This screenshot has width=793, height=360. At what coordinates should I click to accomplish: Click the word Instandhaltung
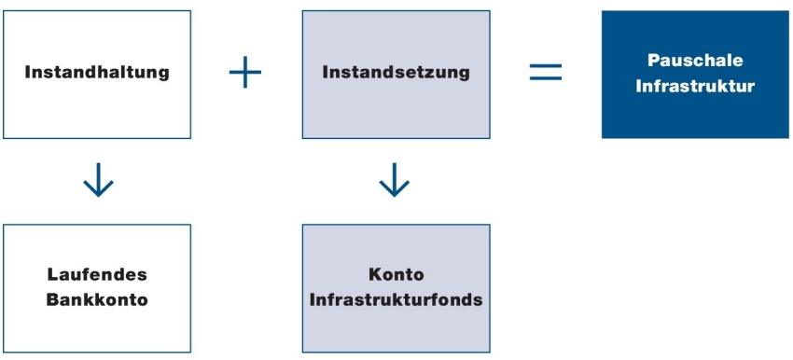pos(97,72)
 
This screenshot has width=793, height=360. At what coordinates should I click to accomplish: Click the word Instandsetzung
pos(396,72)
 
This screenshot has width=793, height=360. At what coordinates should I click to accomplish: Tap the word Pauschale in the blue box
pos(695,60)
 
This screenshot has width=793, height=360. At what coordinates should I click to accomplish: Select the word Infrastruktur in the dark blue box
pos(695,86)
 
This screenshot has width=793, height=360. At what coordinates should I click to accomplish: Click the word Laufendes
pos(97,275)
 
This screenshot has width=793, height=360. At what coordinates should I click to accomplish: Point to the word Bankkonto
pos(97,300)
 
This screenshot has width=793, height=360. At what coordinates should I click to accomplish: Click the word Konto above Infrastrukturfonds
pos(396,275)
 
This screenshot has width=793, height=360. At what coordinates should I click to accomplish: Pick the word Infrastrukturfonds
pos(396,300)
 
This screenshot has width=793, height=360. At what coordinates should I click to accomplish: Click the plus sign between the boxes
pos(245,73)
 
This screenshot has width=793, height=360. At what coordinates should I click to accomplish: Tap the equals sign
pos(546,73)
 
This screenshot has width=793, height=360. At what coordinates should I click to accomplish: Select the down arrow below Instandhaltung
pos(98,181)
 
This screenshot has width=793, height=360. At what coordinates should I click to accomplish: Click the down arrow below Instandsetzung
pos(395,181)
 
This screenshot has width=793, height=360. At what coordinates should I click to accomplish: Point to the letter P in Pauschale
pos(653,60)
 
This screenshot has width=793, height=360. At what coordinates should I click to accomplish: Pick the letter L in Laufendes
pos(52,275)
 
